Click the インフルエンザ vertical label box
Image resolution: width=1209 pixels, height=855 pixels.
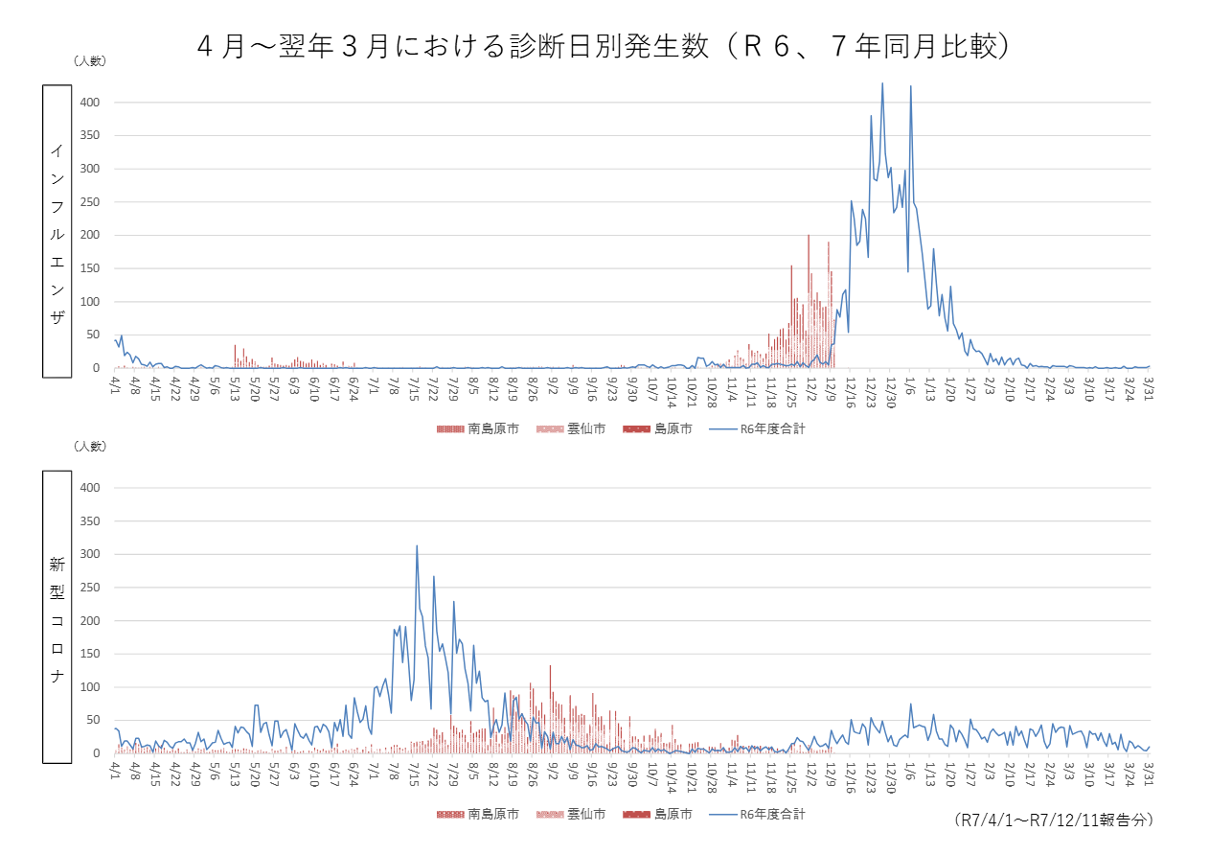57,231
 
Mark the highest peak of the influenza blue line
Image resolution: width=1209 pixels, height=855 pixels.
882,84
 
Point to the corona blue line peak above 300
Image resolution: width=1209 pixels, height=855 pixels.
417,546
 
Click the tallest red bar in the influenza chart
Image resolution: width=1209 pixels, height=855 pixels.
809,236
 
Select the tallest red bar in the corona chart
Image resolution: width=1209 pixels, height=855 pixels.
550,666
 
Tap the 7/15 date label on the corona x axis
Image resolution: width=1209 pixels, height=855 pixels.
414,775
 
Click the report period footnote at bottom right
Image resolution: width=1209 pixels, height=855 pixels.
1054,820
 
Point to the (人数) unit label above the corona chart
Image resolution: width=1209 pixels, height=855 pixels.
90,446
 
